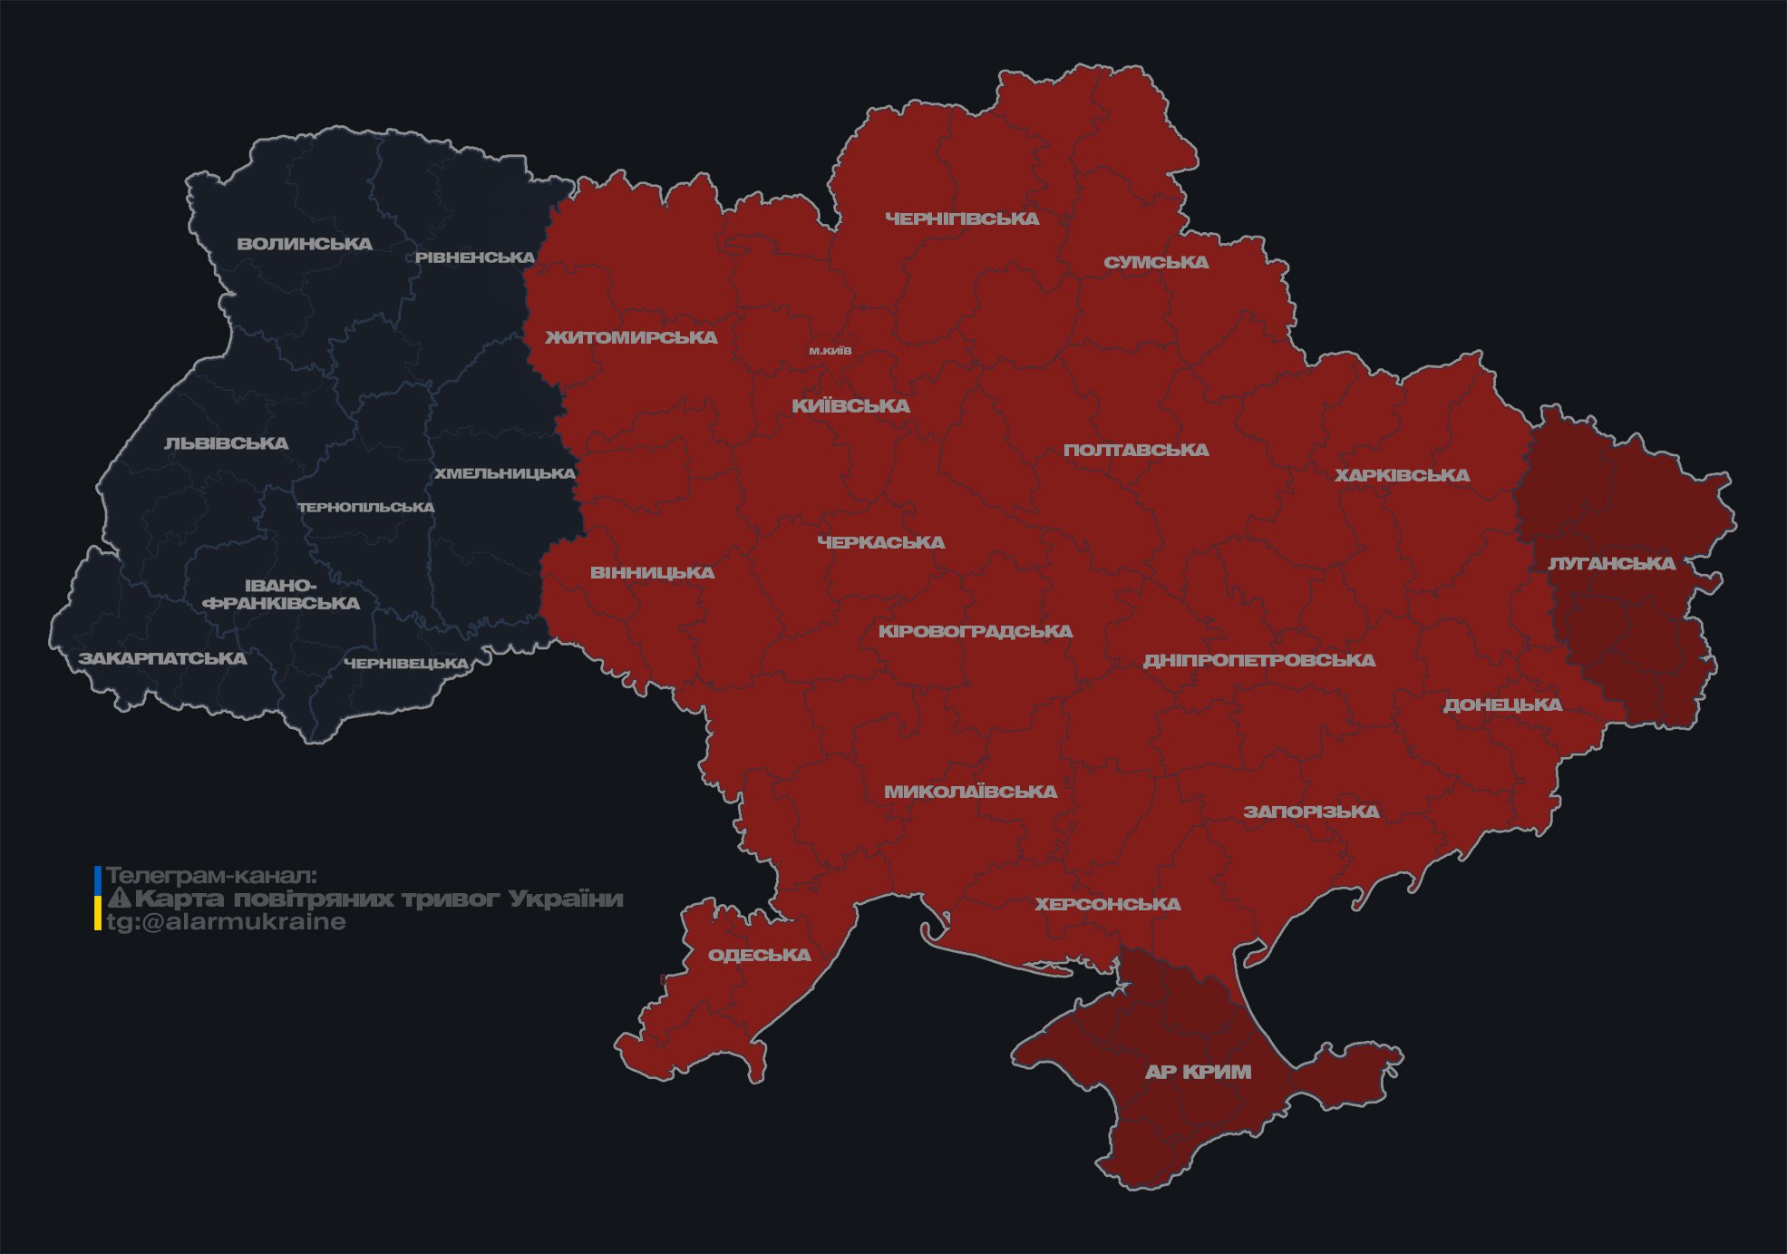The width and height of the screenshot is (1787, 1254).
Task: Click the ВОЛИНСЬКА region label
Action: pos(305,244)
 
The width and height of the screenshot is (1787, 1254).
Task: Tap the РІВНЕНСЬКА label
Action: pos(475,258)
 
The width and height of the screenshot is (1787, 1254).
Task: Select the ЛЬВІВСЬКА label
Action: pos(227,443)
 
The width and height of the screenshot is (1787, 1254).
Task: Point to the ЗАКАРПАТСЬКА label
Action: pos(162,658)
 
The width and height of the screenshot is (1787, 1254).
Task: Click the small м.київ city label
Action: pos(830,351)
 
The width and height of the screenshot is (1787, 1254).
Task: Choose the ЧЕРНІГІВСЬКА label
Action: pos(962,219)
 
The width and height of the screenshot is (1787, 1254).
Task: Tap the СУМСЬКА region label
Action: pos(1156,262)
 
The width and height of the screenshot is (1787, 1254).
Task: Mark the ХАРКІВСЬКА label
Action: pos(1402,475)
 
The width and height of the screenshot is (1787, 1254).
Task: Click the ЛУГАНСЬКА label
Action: pos(1611,563)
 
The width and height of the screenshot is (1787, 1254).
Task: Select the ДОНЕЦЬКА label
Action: pos(1502,705)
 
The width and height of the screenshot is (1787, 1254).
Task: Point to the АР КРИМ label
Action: pos(1198,1072)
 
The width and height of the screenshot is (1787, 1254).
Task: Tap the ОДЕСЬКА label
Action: pos(759,955)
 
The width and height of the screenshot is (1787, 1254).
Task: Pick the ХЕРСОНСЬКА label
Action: pos(1108,904)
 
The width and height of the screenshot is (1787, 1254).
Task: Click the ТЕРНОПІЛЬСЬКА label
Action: pos(366,507)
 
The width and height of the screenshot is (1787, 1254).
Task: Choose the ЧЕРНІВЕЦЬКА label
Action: pos(406,664)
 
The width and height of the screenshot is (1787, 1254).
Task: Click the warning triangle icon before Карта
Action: pos(119,899)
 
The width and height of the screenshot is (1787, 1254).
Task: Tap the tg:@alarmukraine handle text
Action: pos(226,922)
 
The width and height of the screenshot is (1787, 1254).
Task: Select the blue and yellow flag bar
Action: pos(98,899)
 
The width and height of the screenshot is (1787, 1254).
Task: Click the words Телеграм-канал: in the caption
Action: pos(211,875)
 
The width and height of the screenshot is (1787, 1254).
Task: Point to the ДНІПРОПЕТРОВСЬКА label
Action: pos(1258,660)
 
